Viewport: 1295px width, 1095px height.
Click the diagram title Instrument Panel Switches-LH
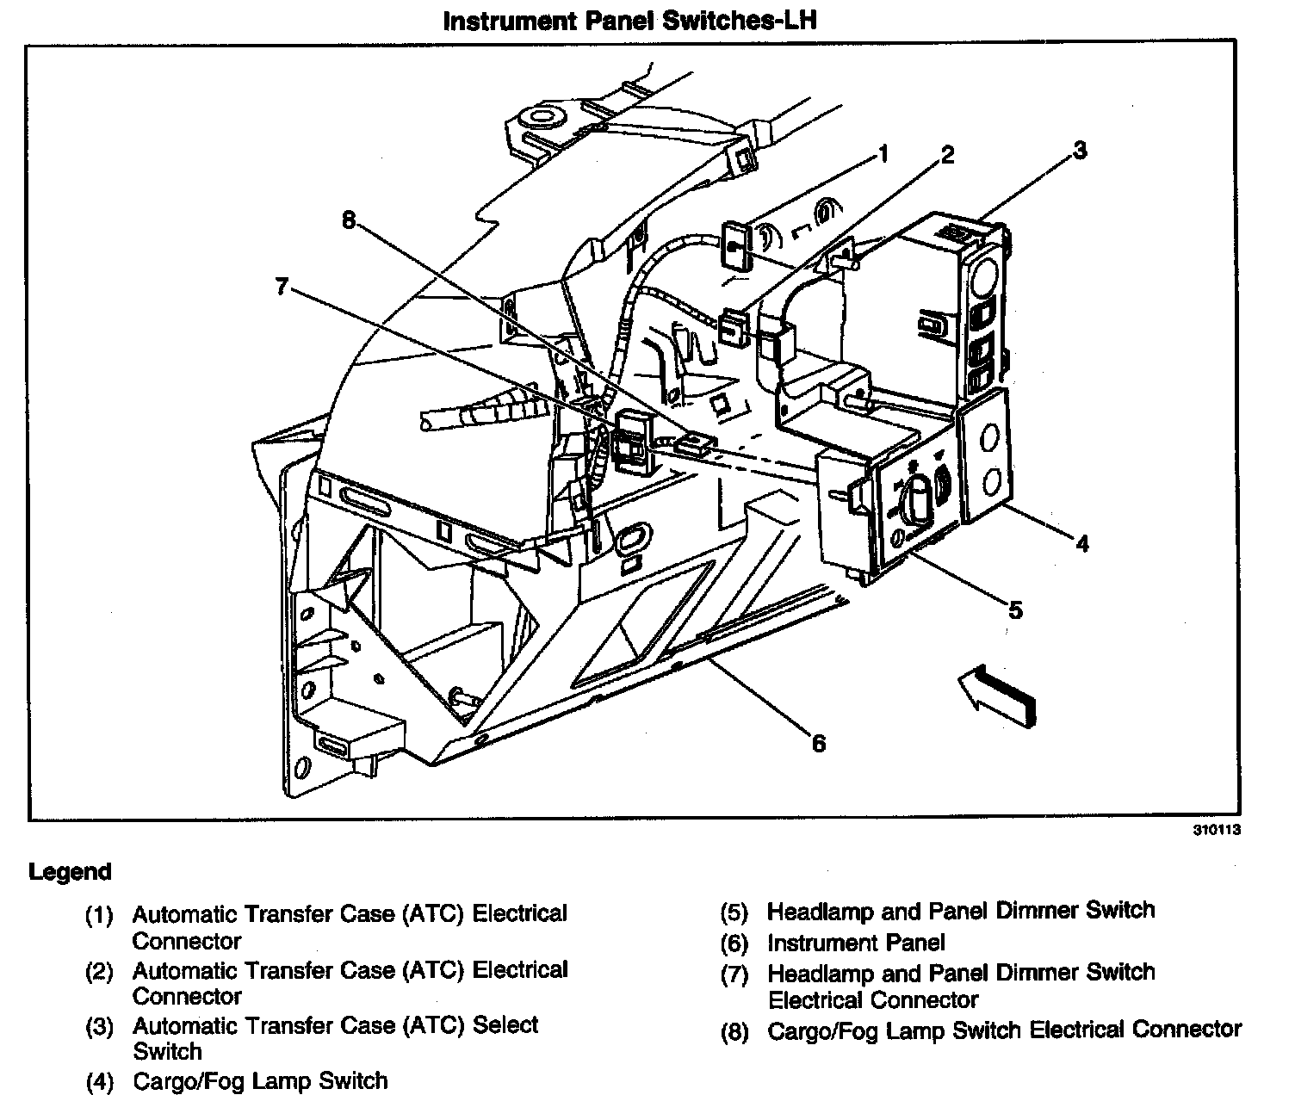click(x=629, y=20)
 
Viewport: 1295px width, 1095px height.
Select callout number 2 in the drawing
click(x=946, y=155)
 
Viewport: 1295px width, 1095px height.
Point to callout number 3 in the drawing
click(x=1079, y=151)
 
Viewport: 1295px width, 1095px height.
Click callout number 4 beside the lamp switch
click(x=1081, y=543)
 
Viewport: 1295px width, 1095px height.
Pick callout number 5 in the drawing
click(x=1015, y=610)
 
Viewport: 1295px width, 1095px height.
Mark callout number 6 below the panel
click(x=818, y=743)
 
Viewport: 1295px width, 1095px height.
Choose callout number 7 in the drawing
click(x=281, y=287)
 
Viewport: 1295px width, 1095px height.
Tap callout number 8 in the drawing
click(x=348, y=220)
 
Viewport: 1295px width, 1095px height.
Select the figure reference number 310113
click(x=1217, y=832)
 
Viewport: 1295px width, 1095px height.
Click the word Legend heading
click(x=71, y=872)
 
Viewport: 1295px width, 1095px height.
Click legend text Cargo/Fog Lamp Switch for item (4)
click(x=260, y=1080)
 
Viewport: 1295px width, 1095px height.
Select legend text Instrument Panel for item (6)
click(x=856, y=943)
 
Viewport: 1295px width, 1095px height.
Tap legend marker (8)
click(x=734, y=1031)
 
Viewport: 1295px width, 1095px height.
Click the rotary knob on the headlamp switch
click(x=918, y=500)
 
